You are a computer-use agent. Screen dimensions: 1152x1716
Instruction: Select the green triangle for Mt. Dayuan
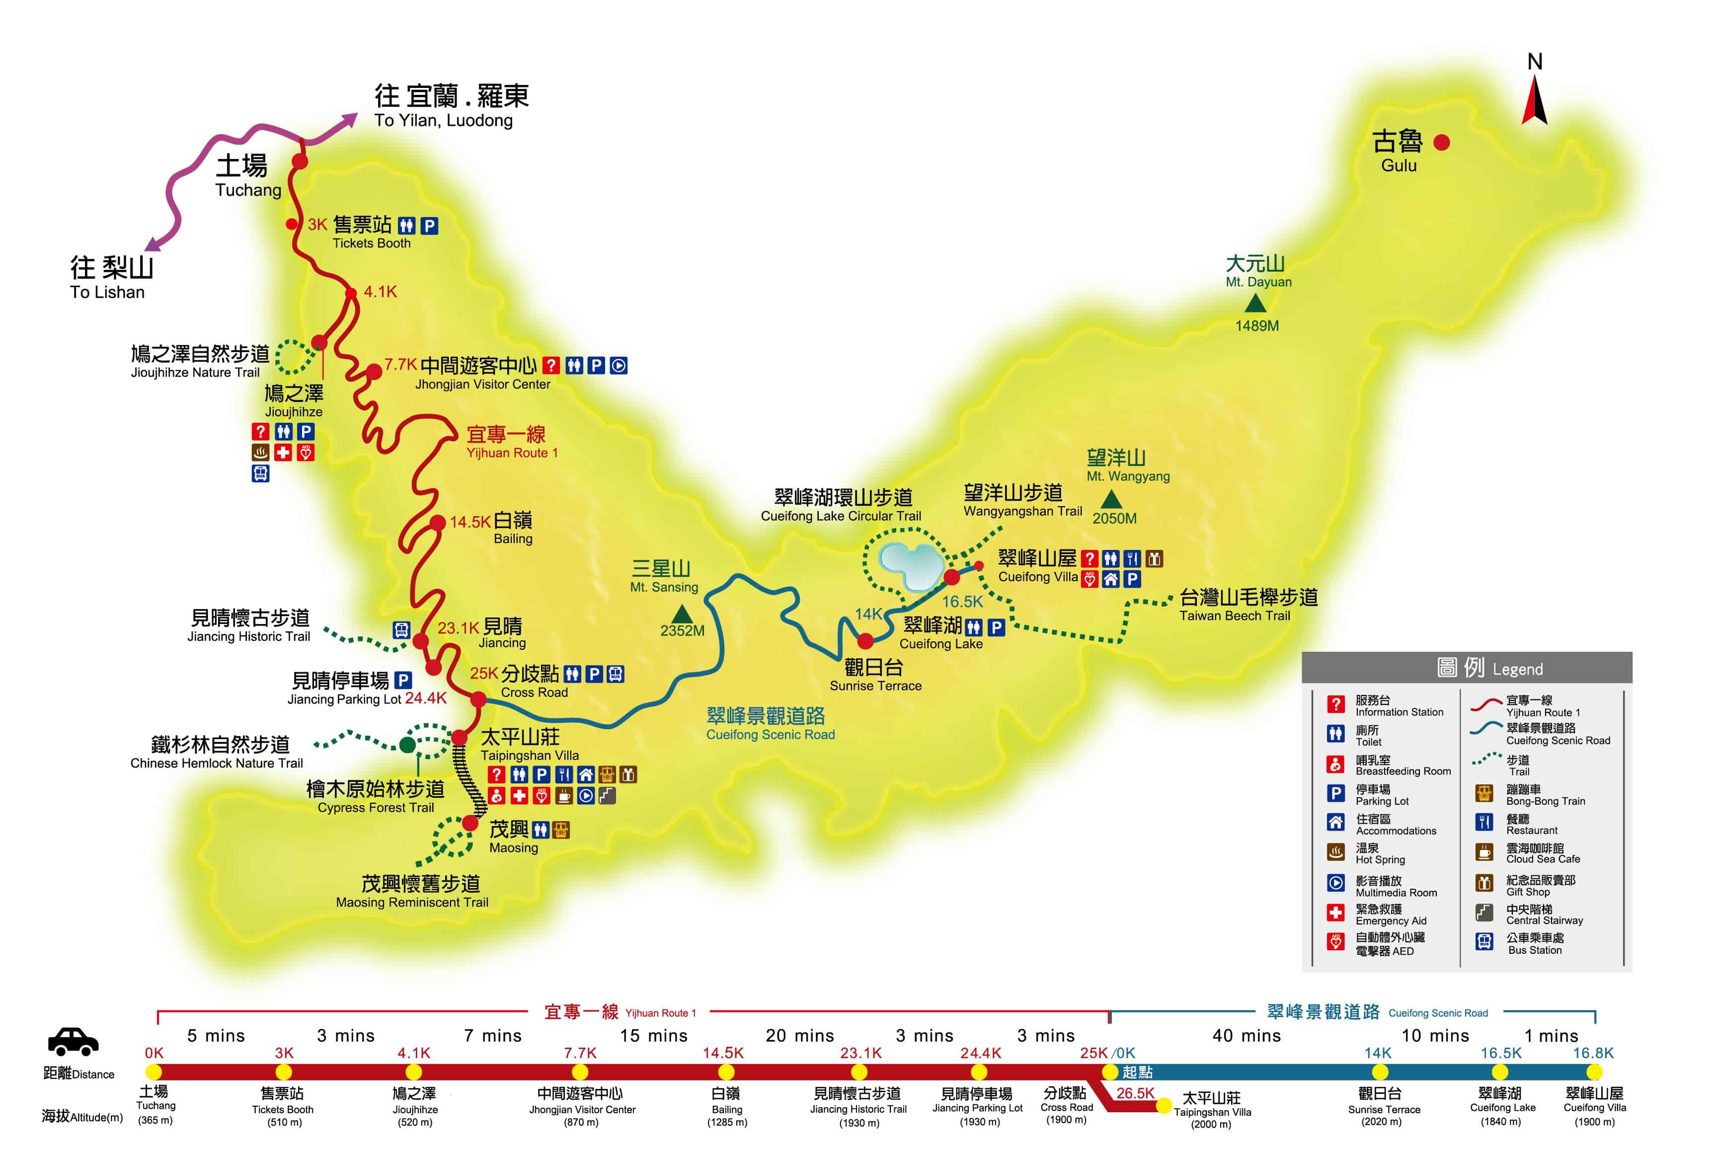click(x=1255, y=303)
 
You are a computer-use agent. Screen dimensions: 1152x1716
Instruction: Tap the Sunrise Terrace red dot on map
click(x=865, y=641)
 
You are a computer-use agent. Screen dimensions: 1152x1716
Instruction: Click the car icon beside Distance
click(x=73, y=1041)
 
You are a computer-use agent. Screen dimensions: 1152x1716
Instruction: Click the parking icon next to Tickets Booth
click(x=429, y=226)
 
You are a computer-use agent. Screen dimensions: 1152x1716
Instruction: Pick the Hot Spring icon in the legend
click(x=1335, y=852)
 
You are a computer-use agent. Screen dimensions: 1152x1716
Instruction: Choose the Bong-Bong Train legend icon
click(x=1484, y=793)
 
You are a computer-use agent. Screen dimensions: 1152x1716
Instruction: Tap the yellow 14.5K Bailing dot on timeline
click(x=726, y=1072)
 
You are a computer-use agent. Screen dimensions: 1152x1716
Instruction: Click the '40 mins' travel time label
click(x=1246, y=1036)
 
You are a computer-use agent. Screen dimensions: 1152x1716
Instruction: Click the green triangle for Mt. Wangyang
click(x=1111, y=500)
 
